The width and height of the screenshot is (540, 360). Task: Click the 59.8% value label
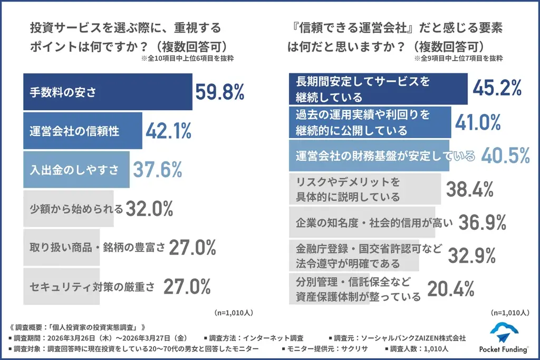pos(220,92)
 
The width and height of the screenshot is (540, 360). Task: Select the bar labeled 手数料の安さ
pos(108,92)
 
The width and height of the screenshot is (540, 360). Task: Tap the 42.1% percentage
pos(169,131)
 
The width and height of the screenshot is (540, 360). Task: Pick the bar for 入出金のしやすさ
pos(76,170)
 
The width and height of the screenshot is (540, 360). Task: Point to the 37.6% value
pos(157,170)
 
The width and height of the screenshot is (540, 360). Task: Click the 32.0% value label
pos(149,209)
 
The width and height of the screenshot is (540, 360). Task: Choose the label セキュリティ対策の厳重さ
pos(92,287)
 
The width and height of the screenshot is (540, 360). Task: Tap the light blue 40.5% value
pos(505,155)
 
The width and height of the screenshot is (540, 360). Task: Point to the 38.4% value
pos(469,189)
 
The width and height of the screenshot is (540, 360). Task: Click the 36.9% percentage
pos(483,222)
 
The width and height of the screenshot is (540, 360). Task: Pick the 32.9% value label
pos(471,255)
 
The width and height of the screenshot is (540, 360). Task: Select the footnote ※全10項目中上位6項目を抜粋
pos(187,59)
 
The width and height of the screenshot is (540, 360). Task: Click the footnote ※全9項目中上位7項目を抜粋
pos(457,59)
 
